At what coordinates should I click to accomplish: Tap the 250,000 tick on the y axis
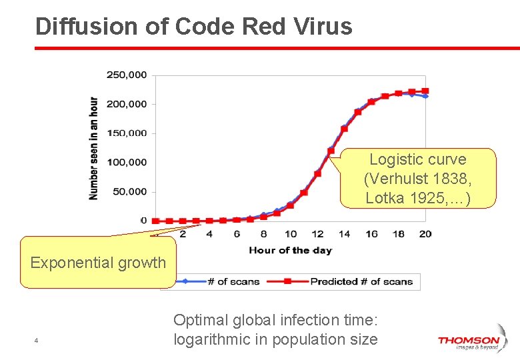[127, 75]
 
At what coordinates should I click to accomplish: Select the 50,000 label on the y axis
[129, 191]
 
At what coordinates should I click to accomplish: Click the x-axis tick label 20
[425, 234]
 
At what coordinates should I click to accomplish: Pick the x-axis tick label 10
[291, 234]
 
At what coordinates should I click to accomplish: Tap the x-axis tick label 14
[344, 234]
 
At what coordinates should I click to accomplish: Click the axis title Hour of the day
[290, 250]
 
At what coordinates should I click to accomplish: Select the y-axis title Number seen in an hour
[94, 148]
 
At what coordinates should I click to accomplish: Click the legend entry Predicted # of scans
[361, 281]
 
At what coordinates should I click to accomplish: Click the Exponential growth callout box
[98, 262]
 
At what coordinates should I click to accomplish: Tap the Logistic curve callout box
[418, 178]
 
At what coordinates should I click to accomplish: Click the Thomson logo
[469, 342]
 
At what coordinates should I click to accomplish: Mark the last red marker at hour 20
[425, 91]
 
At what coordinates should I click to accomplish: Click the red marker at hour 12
[317, 173]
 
